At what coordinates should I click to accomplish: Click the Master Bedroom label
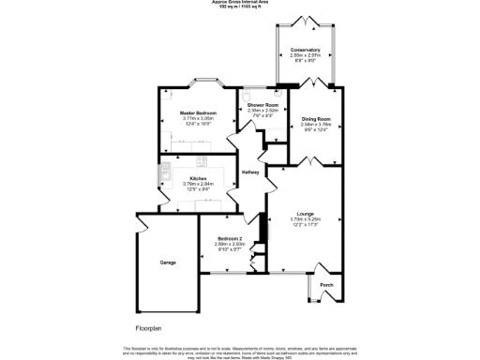click(198, 112)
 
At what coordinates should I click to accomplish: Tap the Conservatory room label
click(305, 50)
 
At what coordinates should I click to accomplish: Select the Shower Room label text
click(262, 104)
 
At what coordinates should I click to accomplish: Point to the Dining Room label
click(316, 119)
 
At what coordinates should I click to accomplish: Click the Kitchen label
click(198, 178)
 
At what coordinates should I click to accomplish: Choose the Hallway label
click(250, 172)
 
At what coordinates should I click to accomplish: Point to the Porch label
click(326, 285)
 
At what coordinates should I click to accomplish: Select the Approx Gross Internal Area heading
click(239, 3)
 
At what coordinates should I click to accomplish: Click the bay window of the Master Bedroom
click(205, 82)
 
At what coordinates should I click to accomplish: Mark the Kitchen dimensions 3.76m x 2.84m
click(198, 184)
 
